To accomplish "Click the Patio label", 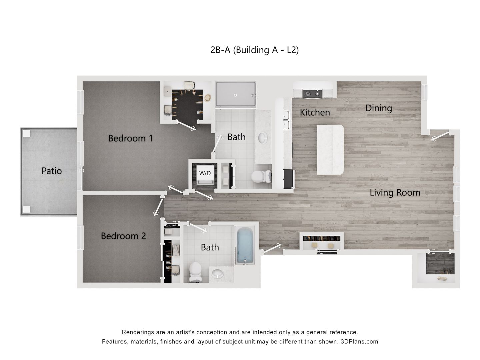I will tap(52, 171).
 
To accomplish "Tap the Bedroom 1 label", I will tap(130, 138).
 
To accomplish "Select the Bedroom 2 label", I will tap(123, 236).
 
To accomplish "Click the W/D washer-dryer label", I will tap(205, 173).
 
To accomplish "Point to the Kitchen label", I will tap(315, 112).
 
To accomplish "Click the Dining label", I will tap(378, 108).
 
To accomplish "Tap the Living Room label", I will tap(395, 193).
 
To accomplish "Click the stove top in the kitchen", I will tap(313, 94).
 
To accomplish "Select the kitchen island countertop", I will tap(330, 150).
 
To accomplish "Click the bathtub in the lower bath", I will tap(245, 245).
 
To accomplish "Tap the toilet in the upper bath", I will tap(260, 176).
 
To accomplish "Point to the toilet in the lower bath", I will tap(195, 272).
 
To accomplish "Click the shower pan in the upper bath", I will tap(235, 94).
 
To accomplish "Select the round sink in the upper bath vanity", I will tap(263, 138).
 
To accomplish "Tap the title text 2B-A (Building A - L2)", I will tap(254, 50).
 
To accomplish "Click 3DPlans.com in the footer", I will tap(359, 342).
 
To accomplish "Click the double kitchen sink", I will tap(286, 120).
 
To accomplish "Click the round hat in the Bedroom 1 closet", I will tap(208, 98).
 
